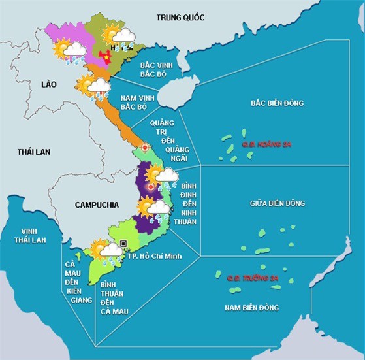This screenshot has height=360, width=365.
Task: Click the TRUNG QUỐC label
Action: click(180, 17)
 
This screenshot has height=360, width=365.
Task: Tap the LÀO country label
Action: click(49, 85)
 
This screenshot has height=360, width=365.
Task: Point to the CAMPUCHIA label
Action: click(97, 205)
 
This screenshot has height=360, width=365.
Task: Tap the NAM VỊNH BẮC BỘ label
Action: click(137, 102)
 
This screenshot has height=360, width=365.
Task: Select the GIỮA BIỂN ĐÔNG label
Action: click(278, 203)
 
